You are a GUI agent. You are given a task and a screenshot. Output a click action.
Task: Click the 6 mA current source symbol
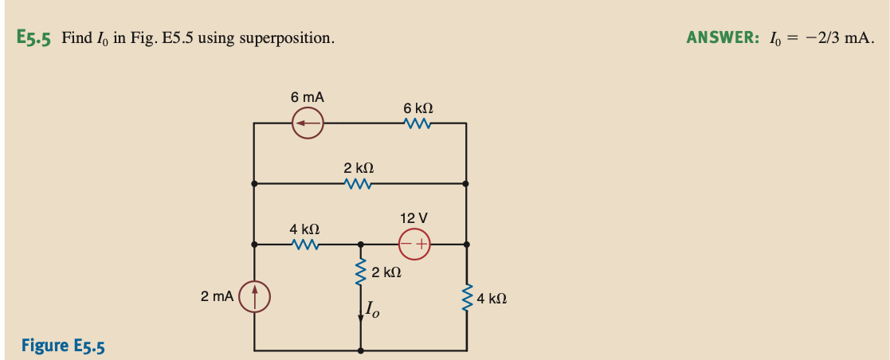tap(307, 123)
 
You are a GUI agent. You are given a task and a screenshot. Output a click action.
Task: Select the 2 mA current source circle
tap(255, 297)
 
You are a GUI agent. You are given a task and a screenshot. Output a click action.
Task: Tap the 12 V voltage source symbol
tap(414, 245)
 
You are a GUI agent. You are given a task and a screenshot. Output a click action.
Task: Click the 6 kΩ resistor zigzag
tap(418, 123)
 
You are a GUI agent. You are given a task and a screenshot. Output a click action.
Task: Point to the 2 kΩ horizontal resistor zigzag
tap(359, 183)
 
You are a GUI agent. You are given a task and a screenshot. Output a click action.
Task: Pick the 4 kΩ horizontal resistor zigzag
tap(306, 245)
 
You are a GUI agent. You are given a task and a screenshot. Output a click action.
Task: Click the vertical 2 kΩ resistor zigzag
tap(361, 273)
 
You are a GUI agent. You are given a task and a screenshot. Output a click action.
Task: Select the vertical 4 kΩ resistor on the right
tap(467, 297)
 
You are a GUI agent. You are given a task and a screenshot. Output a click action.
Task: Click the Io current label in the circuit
tap(372, 310)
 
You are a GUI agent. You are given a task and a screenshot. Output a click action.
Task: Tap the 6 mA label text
tap(307, 97)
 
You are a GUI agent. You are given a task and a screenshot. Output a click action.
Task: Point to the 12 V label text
tap(414, 217)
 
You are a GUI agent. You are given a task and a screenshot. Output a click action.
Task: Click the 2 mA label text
tap(218, 296)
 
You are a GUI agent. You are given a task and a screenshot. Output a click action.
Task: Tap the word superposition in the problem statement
tap(292, 38)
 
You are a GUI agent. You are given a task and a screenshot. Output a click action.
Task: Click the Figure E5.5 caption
tap(63, 346)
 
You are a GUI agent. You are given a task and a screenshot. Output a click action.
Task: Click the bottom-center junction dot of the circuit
tap(361, 350)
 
